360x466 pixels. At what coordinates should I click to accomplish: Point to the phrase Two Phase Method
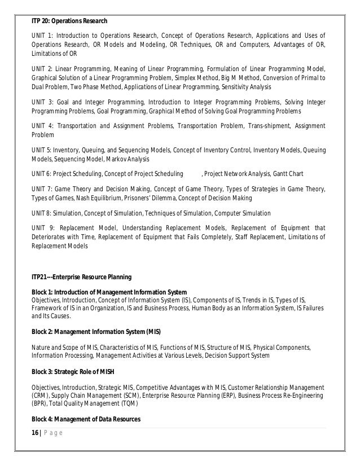coord(94,87)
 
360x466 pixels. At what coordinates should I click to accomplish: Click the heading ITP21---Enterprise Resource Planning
coord(81,277)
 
